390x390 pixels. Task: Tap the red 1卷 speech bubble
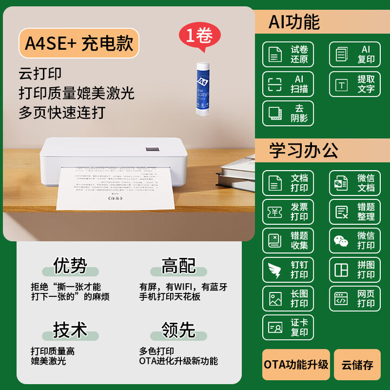pyautogui.click(x=199, y=36)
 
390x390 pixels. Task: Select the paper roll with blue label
pyautogui.click(x=203, y=87)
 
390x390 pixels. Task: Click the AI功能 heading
pyautogui.click(x=294, y=22)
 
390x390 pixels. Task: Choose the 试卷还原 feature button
pyautogui.click(x=288, y=54)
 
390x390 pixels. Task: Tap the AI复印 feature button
pyautogui.click(x=355, y=54)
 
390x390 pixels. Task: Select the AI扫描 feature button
pyautogui.click(x=288, y=84)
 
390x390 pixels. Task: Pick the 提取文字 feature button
pyautogui.click(x=355, y=84)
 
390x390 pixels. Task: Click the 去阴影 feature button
pyautogui.click(x=288, y=113)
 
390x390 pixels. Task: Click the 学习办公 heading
pyautogui.click(x=303, y=151)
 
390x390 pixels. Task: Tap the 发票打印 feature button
pyautogui.click(x=288, y=212)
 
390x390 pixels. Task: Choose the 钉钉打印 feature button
pyautogui.click(x=288, y=270)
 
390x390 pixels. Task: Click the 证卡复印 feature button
pyautogui.click(x=288, y=327)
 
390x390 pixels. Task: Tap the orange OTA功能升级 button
pyautogui.click(x=296, y=365)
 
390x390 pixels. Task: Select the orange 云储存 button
pyautogui.click(x=357, y=365)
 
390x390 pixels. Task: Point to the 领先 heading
pyautogui.click(x=178, y=329)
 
